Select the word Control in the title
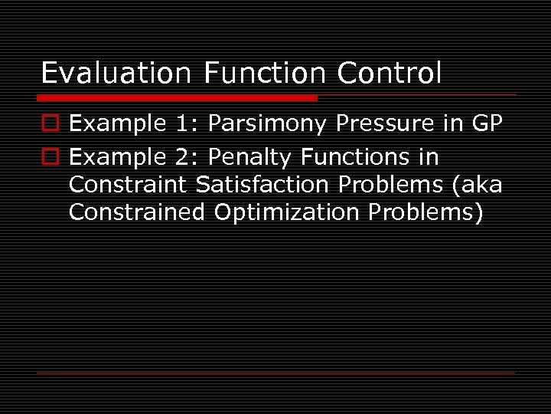[x=390, y=74]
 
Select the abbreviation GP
[x=487, y=123]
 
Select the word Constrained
[x=137, y=212]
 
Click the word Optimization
[x=287, y=212]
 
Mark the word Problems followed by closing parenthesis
[x=425, y=212]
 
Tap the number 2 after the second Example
[x=184, y=158]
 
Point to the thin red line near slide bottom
[x=275, y=373]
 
